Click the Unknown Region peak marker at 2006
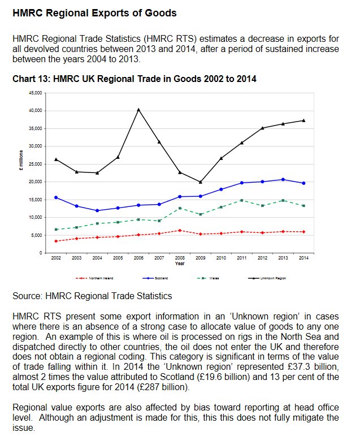click(138, 110)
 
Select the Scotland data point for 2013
click(283, 179)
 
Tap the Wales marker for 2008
click(180, 208)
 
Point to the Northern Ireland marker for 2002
click(56, 241)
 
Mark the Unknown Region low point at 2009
click(201, 182)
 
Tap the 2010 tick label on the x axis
click(221, 258)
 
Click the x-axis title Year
click(179, 263)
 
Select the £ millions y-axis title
click(21, 165)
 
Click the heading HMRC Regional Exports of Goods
click(94, 12)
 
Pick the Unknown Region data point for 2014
click(303, 120)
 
